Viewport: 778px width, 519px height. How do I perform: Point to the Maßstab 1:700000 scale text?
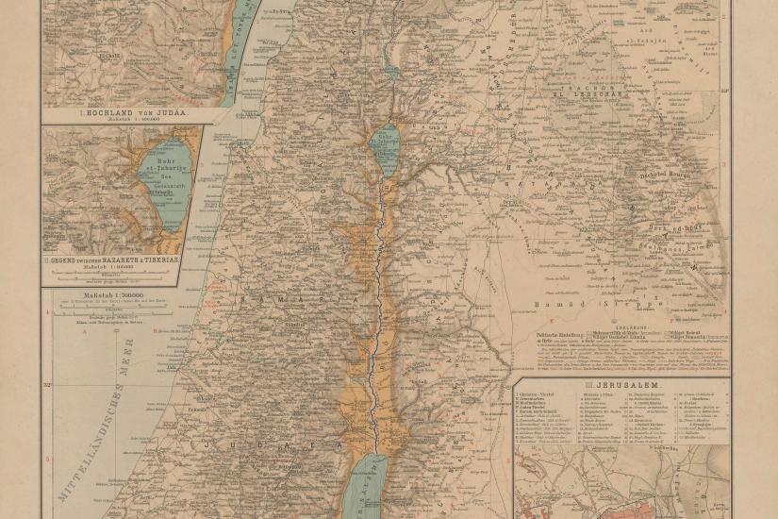pyautogui.click(x=111, y=296)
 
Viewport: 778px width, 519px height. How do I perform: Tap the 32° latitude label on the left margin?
pyautogui.click(x=47, y=384)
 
